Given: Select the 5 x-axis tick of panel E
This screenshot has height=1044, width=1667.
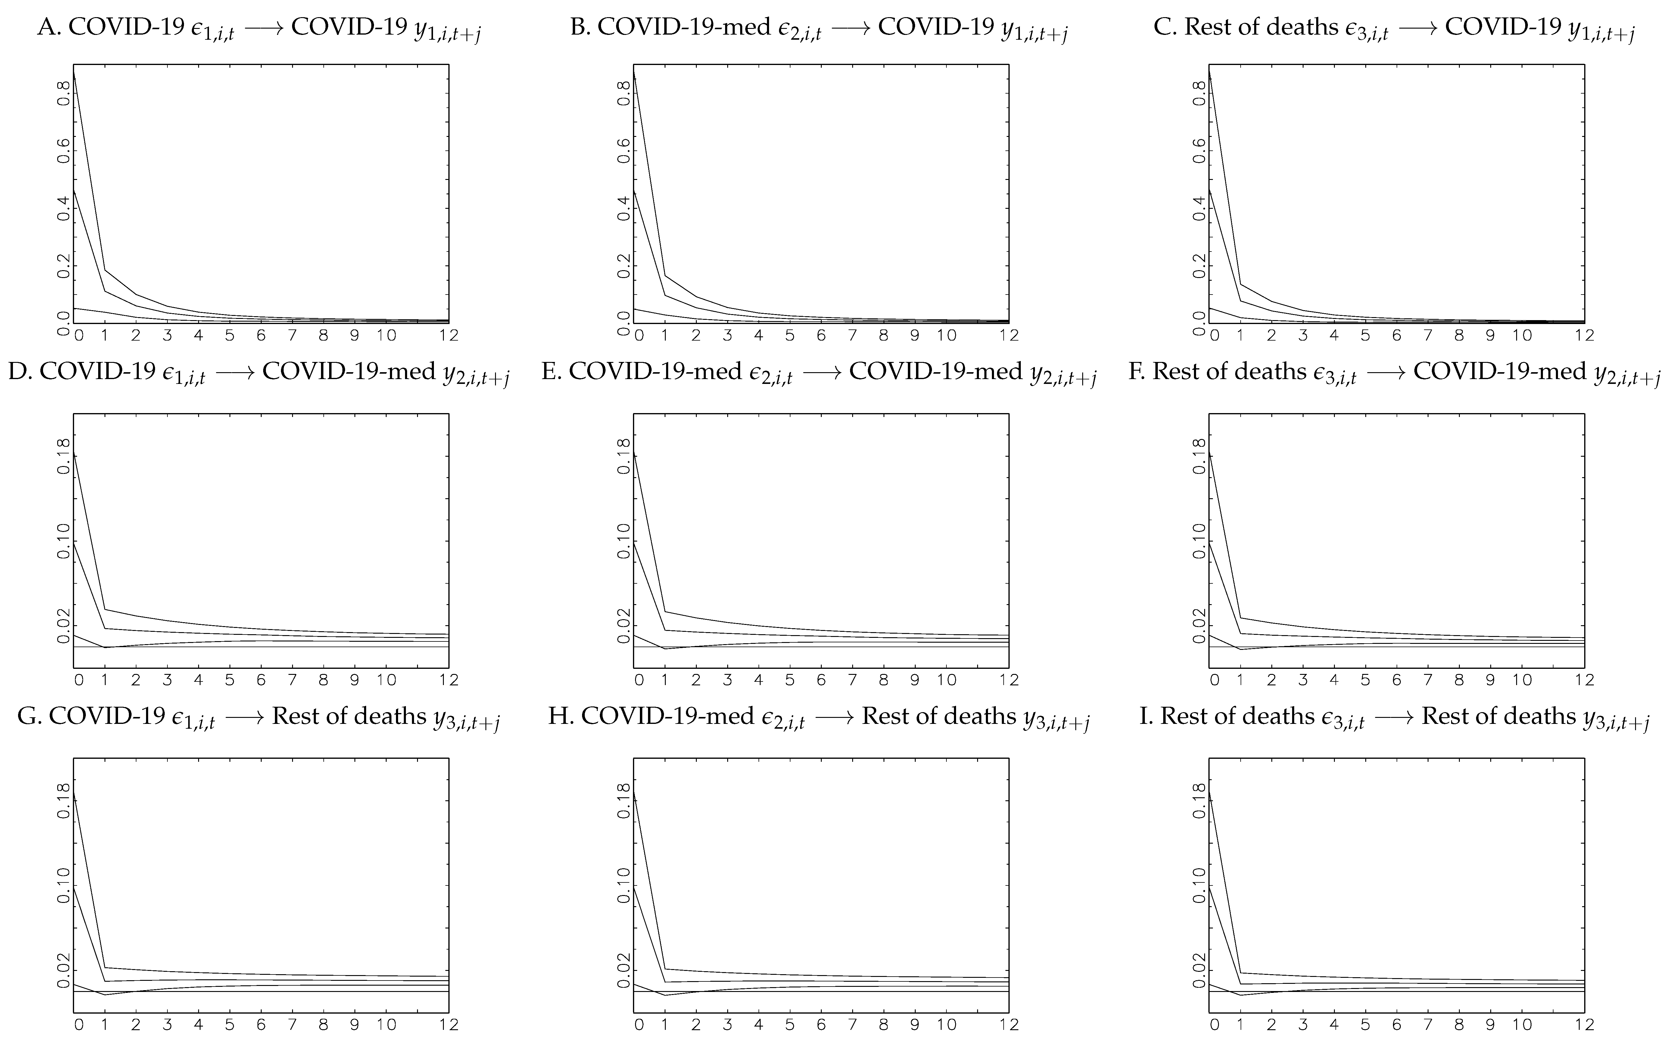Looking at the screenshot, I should (790, 680).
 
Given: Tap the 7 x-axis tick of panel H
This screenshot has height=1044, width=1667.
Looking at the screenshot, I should (852, 1025).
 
